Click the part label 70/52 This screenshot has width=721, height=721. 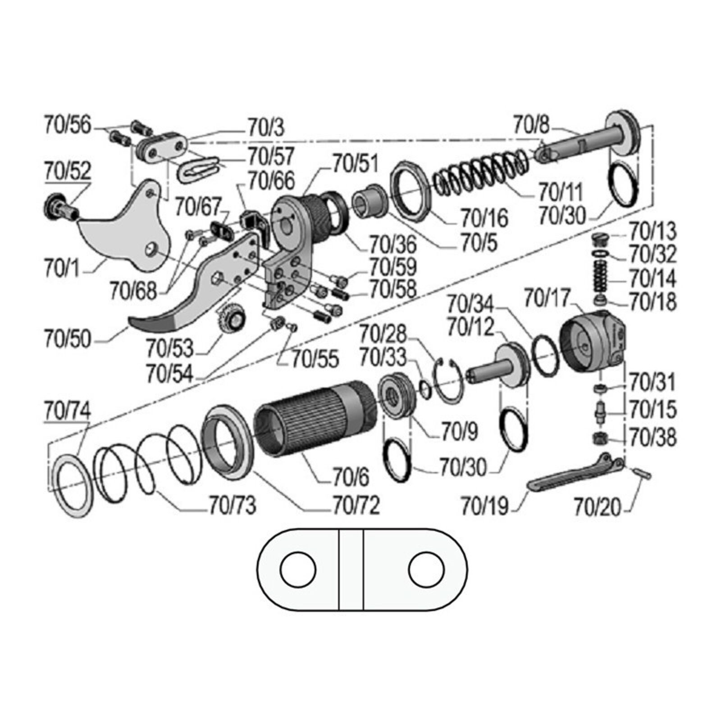coord(68,171)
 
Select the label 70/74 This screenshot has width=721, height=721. coord(68,411)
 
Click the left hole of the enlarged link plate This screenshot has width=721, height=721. coord(298,569)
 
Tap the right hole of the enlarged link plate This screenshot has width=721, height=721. coord(426,569)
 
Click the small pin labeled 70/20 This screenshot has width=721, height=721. coord(641,473)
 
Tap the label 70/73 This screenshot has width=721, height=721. coord(233,506)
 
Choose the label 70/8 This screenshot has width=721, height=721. coord(532,125)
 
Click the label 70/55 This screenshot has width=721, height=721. coord(315,359)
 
